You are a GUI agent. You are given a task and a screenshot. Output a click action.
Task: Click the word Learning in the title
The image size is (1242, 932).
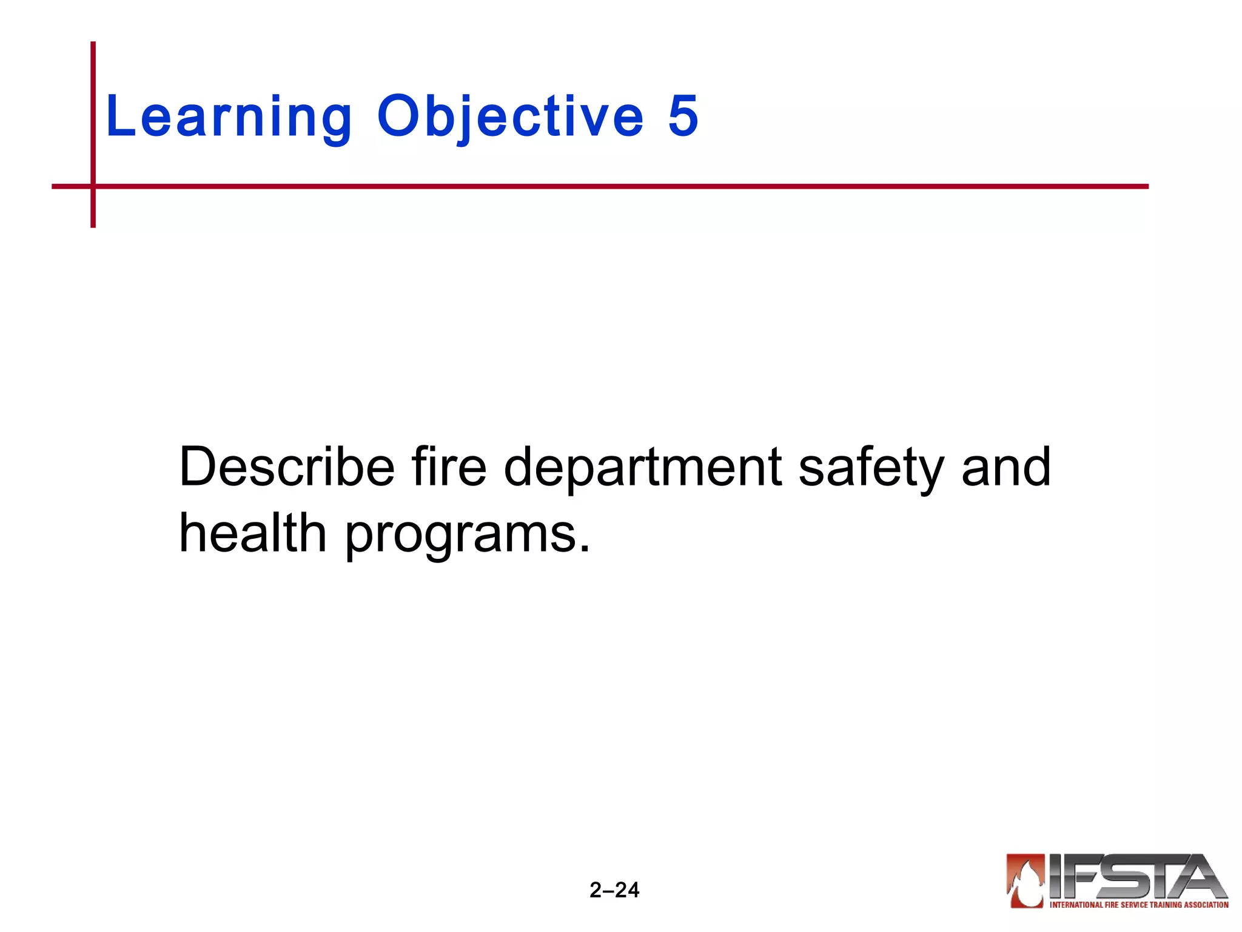(x=229, y=116)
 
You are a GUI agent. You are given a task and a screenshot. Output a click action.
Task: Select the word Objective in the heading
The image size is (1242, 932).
(x=510, y=116)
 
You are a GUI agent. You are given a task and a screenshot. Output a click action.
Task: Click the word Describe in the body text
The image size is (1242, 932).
(x=287, y=467)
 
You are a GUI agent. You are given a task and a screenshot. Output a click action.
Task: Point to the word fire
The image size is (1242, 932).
(x=449, y=467)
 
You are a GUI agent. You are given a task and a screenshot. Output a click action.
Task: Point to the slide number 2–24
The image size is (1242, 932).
(x=614, y=890)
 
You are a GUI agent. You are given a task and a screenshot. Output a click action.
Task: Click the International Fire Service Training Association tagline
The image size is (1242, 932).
(x=1138, y=905)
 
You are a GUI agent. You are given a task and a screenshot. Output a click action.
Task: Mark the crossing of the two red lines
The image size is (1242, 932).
(x=93, y=186)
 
